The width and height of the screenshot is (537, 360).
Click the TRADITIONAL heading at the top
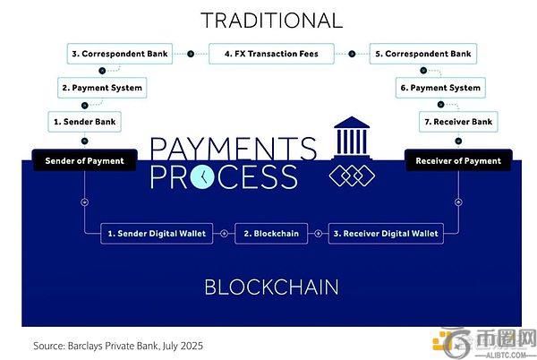[x=270, y=20]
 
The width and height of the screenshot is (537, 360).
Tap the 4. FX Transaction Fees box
[x=270, y=54]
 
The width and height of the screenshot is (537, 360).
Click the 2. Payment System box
[x=101, y=88]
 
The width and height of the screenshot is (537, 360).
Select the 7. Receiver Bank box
[x=458, y=119]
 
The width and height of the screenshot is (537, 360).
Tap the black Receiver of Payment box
[x=458, y=161]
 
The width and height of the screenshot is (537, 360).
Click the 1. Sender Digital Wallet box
[x=157, y=234]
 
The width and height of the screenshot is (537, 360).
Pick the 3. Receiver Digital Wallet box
[x=387, y=234]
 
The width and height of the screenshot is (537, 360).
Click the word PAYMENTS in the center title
[x=233, y=147]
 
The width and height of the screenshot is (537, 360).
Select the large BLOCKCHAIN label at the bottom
[x=270, y=287]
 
